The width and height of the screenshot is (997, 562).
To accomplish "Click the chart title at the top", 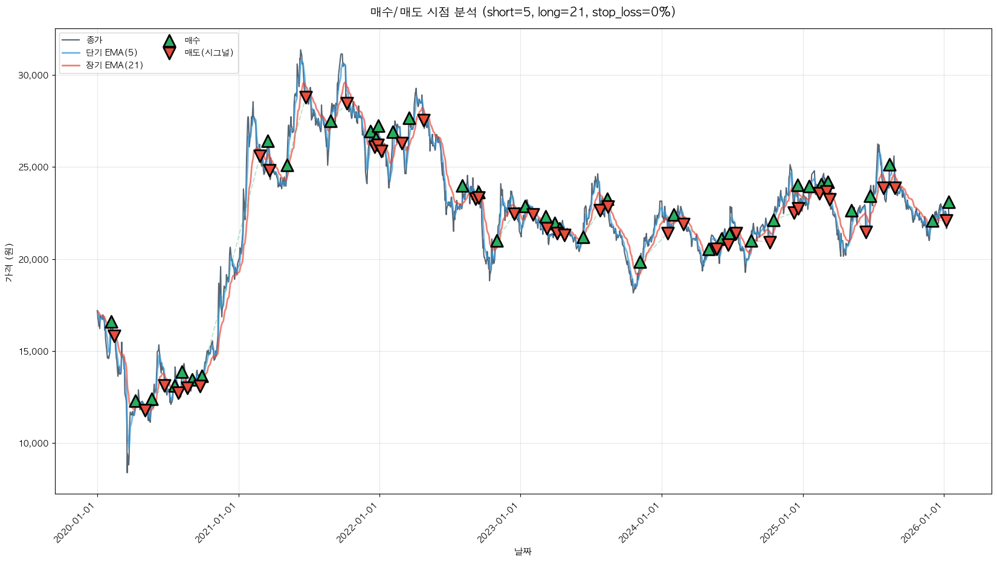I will coord(523,12).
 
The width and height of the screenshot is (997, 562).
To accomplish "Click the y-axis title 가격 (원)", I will coord(8,262).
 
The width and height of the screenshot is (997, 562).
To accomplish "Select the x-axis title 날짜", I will coord(523,551).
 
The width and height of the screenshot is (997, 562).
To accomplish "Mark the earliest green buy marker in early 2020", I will coord(111,323).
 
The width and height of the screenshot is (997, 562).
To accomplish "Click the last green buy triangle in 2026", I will coord(949,202).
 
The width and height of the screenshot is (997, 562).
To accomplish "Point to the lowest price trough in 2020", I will coord(127,472).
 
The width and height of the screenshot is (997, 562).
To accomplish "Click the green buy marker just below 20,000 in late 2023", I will coord(640,262).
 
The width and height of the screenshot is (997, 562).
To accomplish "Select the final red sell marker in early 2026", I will coord(946,221).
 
